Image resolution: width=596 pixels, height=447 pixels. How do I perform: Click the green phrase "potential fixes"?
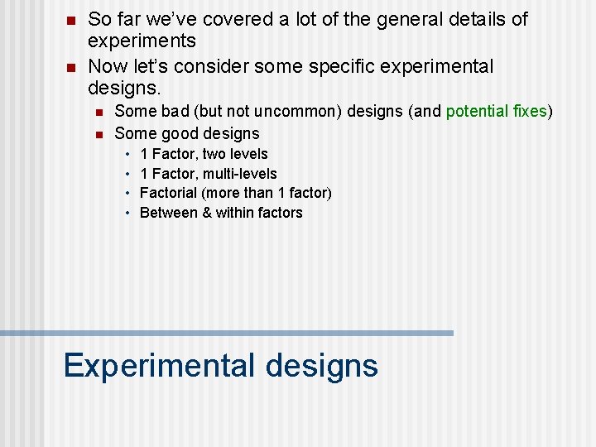[497, 111]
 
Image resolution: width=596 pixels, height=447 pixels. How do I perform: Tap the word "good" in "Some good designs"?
[181, 133]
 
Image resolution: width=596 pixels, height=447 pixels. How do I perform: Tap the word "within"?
[235, 213]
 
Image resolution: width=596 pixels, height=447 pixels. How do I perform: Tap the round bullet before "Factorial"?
[128, 194]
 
